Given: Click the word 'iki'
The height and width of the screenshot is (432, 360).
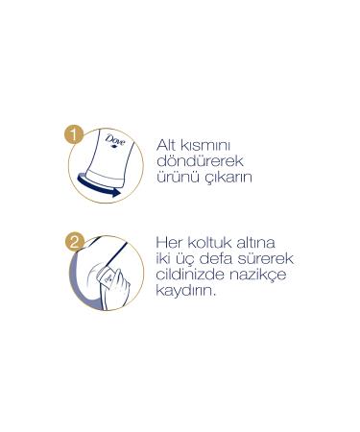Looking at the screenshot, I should click(x=164, y=260).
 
